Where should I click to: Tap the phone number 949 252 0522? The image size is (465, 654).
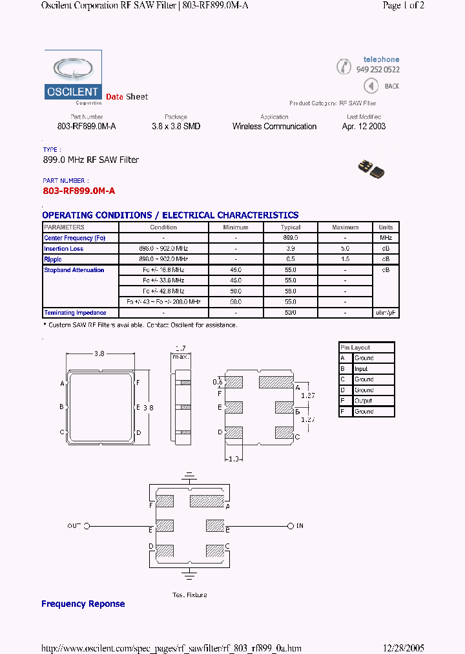[x=378, y=70]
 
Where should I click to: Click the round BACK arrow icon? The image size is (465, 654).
[x=371, y=86]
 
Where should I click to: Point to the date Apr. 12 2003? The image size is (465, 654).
[x=364, y=127]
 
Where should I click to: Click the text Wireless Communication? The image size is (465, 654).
[x=274, y=127]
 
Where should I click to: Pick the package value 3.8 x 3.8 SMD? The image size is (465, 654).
[x=176, y=127]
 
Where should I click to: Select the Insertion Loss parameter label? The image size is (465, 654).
[x=64, y=249]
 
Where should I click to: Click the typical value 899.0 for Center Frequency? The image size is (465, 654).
[x=291, y=238]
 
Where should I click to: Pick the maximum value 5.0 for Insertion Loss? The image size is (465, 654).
[x=345, y=249]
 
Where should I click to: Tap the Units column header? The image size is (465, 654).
[x=386, y=227]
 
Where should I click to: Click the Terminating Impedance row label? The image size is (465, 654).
[x=75, y=313]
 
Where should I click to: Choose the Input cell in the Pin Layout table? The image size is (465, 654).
[x=362, y=369]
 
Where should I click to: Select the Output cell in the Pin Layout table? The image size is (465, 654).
[x=363, y=401]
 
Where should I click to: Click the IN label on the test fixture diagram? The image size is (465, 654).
[x=299, y=526]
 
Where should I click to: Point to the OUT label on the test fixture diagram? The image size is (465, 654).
[x=74, y=526]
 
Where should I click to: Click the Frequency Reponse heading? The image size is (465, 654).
[x=83, y=604]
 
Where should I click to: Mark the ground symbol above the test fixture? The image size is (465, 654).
[x=189, y=478]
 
